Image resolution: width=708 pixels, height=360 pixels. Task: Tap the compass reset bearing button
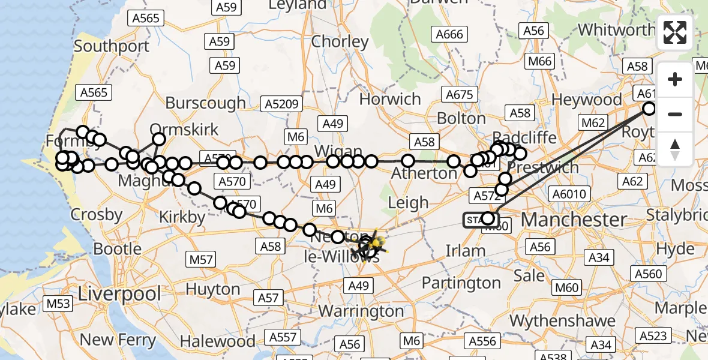(x=675, y=149)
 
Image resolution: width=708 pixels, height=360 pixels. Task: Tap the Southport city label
(x=112, y=46)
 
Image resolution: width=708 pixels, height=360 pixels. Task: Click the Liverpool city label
(x=120, y=294)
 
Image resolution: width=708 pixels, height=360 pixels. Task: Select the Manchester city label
(x=574, y=220)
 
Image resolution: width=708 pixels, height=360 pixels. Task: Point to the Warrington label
(x=361, y=311)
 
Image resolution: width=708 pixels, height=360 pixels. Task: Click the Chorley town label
(x=340, y=41)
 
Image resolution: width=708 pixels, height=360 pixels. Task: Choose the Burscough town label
(x=205, y=103)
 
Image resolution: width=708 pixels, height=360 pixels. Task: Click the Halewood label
(x=217, y=341)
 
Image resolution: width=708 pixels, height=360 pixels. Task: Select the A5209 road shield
(x=281, y=104)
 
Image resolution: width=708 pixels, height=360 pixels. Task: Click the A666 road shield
(x=449, y=34)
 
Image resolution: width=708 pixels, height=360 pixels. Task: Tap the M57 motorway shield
(x=201, y=260)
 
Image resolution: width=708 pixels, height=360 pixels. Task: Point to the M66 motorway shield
(x=539, y=61)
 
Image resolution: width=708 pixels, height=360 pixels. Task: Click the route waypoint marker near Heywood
(x=649, y=109)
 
